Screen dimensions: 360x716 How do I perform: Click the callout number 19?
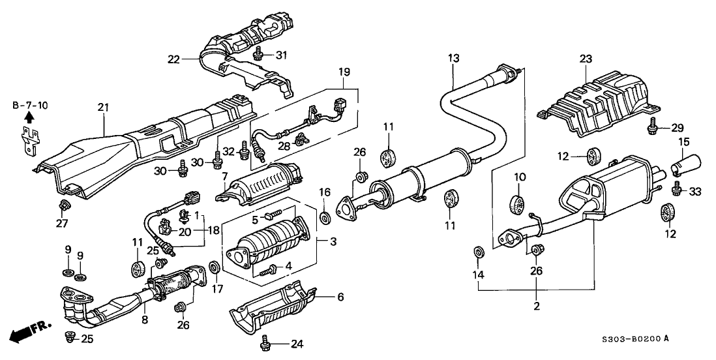344,70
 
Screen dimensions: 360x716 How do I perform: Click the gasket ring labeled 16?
324,217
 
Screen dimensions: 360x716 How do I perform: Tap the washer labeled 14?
477,252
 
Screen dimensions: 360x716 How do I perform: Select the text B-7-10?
29,104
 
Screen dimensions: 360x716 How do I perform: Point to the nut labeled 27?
64,207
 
